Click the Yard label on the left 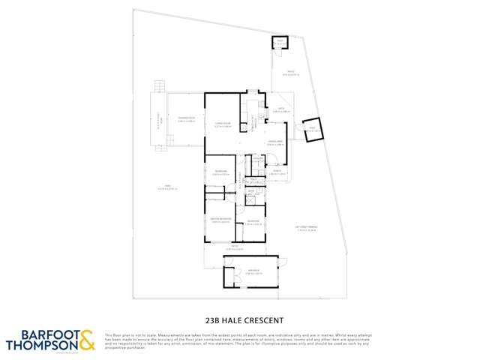coord(166,187)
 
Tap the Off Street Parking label coord(307,229)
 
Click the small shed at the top coord(279,44)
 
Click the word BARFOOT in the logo coord(41,334)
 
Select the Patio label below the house coord(234,247)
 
